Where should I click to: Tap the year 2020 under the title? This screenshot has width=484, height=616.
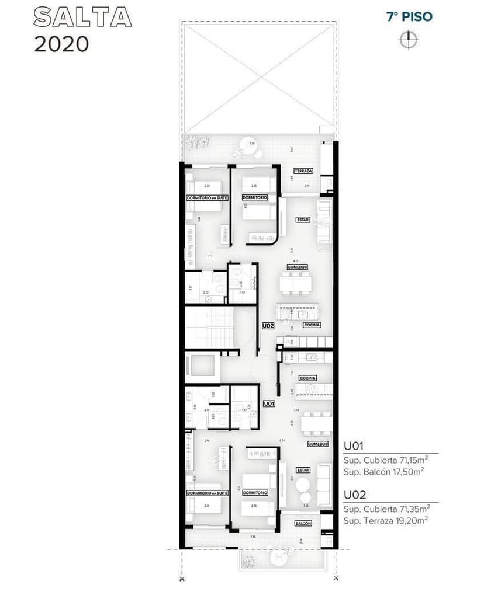[x=61, y=44]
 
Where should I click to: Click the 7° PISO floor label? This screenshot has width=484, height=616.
[x=409, y=16]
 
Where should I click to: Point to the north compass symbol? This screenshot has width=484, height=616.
[x=409, y=39]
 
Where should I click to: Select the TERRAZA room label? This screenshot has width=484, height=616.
[x=303, y=171]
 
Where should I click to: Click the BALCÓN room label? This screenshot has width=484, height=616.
[x=303, y=524]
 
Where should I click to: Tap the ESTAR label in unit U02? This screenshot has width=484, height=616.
[x=302, y=220]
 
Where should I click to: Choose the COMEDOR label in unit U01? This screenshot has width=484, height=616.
[x=318, y=444]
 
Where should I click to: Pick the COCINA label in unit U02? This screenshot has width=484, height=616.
[x=312, y=325]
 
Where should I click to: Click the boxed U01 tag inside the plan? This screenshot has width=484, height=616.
[x=269, y=403]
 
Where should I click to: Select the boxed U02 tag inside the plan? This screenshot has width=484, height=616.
[x=268, y=326]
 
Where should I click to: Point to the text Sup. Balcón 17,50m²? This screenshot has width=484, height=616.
[x=383, y=472]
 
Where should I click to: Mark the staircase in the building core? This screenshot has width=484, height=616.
[x=209, y=328]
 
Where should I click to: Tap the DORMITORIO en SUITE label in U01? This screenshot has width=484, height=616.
[x=206, y=493]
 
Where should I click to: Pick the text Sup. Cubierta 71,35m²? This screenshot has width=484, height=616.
[x=386, y=508]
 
